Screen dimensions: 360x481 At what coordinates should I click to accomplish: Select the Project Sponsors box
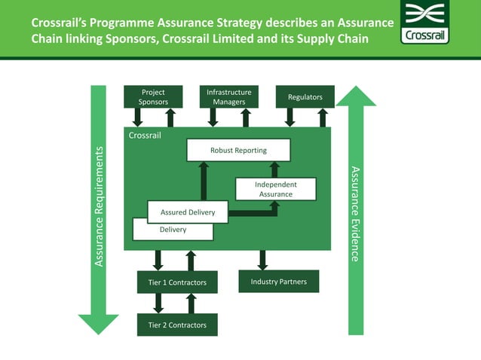153,97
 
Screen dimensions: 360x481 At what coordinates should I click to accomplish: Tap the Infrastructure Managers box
228,97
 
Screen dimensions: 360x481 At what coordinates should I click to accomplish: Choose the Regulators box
305,97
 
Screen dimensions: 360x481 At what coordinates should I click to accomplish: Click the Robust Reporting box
238,150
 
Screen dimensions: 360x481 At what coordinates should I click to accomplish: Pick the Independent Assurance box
275,189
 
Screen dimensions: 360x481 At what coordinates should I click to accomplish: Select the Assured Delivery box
188,212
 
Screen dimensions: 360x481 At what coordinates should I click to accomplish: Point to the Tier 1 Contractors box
177,282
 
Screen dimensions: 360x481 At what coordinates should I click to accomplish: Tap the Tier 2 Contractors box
177,325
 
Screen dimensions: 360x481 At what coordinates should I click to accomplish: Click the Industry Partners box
278,282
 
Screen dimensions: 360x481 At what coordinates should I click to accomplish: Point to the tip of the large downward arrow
99,331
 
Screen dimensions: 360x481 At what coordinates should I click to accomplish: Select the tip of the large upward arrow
355,88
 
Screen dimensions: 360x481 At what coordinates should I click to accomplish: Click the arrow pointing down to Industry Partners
262,261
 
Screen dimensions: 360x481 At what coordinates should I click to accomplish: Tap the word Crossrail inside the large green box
145,136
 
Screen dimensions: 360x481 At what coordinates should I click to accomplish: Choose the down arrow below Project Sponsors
137,117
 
